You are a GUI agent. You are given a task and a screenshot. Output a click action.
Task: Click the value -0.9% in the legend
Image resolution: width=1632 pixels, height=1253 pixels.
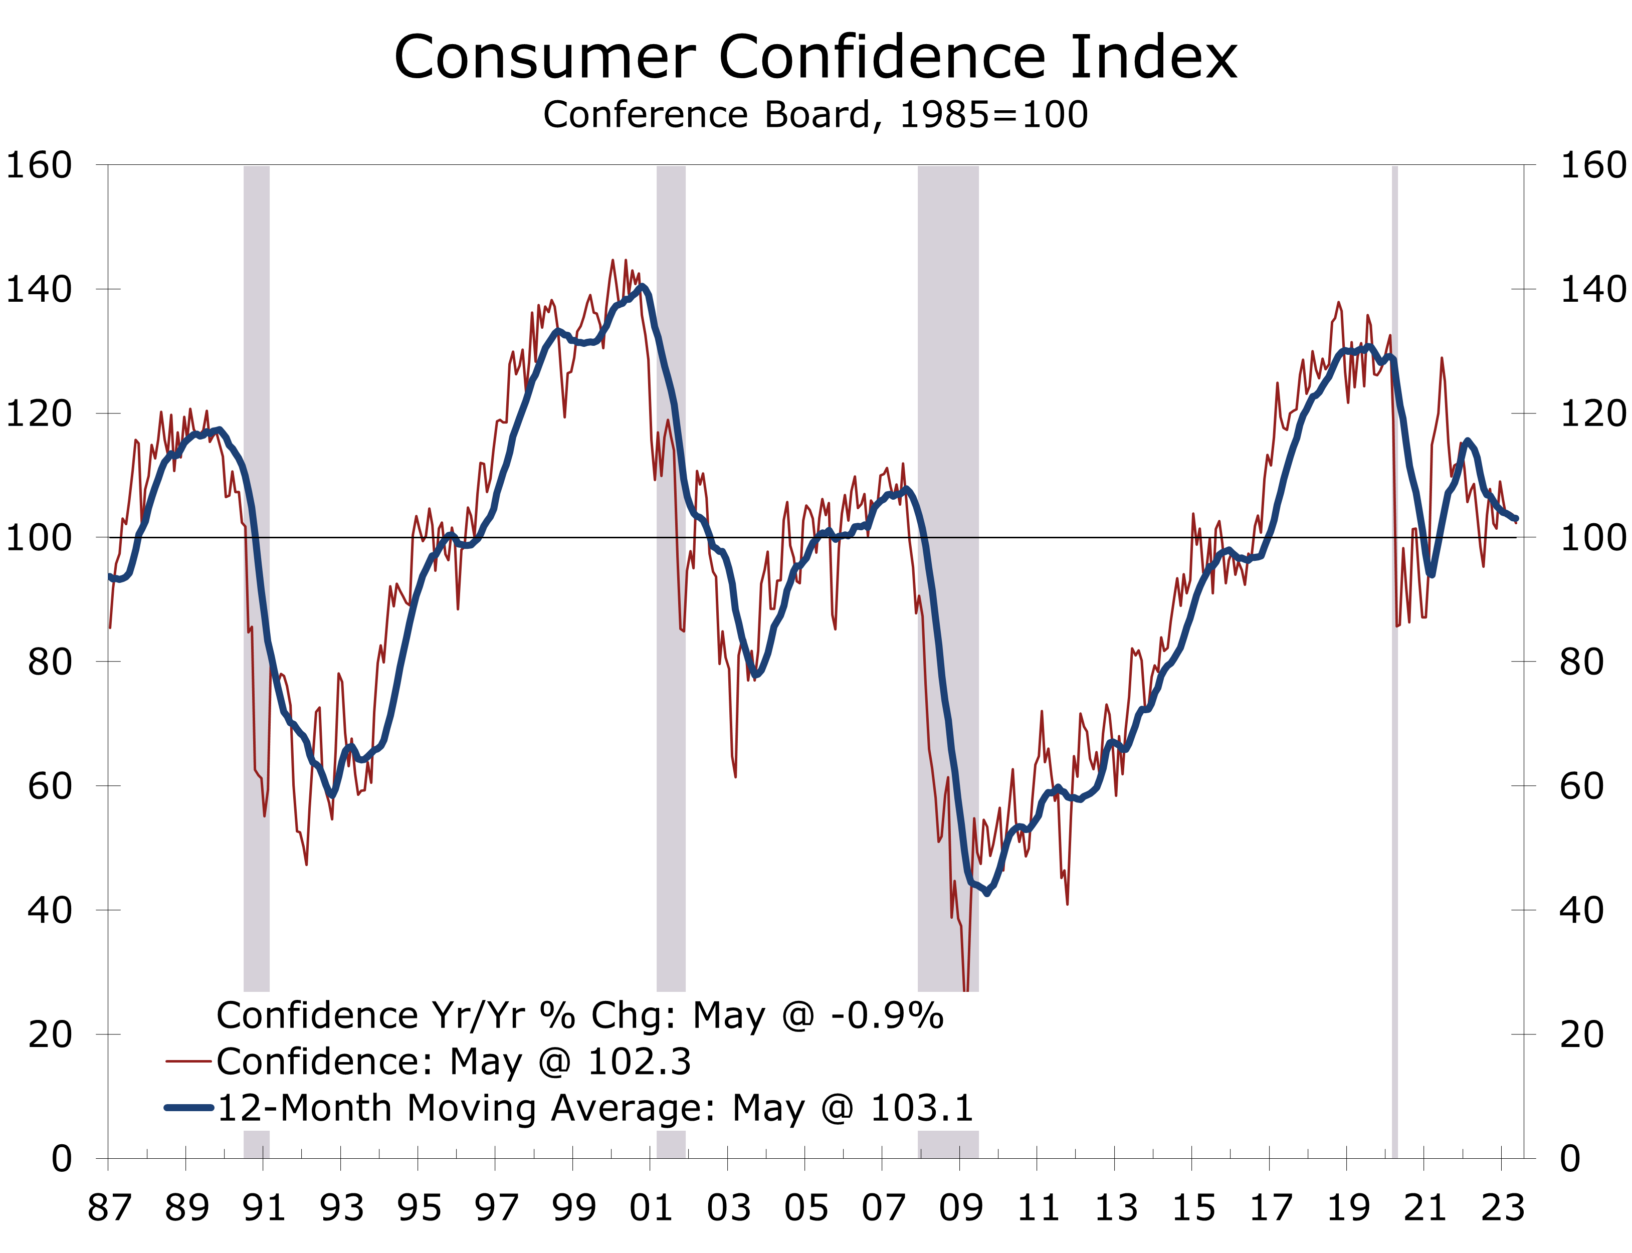pyautogui.click(x=887, y=1016)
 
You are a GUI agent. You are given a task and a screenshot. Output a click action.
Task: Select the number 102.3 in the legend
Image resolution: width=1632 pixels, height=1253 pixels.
pyautogui.click(x=639, y=1062)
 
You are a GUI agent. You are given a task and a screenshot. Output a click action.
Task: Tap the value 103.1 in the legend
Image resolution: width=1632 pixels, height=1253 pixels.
pyautogui.click(x=922, y=1108)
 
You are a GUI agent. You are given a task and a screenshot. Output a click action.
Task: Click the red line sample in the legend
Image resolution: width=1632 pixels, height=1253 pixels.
pyautogui.click(x=188, y=1062)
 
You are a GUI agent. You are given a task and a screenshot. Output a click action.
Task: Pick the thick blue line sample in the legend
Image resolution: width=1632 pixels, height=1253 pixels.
pyautogui.click(x=188, y=1108)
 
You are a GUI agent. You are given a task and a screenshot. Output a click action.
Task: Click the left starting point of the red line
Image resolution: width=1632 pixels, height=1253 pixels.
pyautogui.click(x=110, y=627)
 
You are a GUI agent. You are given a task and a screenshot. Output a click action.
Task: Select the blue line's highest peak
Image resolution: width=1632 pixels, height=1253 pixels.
pyautogui.click(x=642, y=286)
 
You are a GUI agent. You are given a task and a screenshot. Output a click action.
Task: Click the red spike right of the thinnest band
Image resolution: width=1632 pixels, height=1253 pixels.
pyautogui.click(x=1442, y=359)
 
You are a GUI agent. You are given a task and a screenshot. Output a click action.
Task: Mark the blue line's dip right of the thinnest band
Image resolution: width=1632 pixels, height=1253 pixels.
pyautogui.click(x=1432, y=574)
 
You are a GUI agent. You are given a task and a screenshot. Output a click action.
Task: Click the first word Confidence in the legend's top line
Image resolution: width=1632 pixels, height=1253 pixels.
pyautogui.click(x=316, y=1016)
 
